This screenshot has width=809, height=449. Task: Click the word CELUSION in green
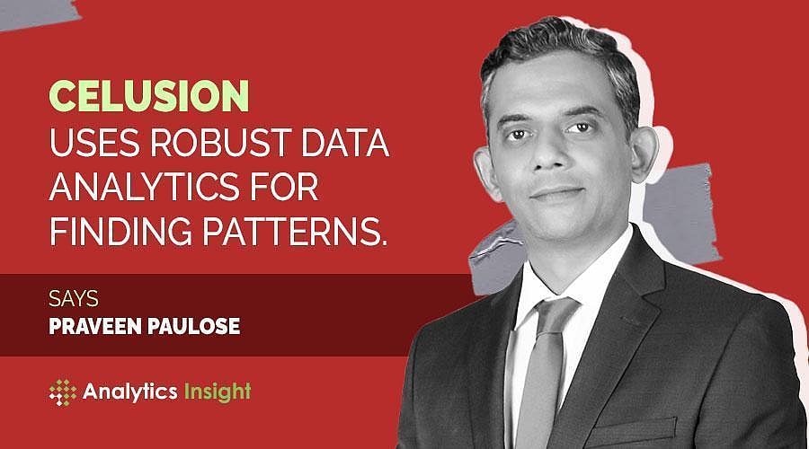(148, 95)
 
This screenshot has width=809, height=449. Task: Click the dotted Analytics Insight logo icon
(64, 392)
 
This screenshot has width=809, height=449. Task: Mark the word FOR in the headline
(292, 189)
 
